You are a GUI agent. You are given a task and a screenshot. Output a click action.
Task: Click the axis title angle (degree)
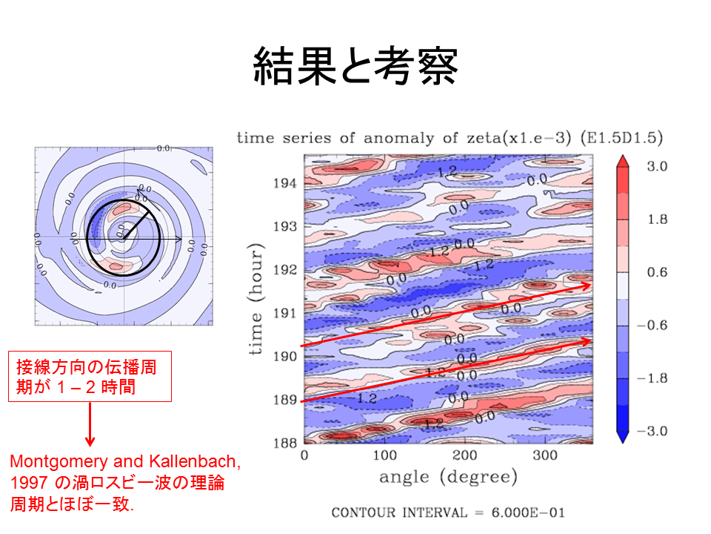(448, 477)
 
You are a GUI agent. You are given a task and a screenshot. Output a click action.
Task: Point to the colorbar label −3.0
(655, 432)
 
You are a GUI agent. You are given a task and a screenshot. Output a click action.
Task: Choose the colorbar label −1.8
(655, 378)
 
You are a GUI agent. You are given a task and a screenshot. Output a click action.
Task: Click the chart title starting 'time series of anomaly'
(449, 138)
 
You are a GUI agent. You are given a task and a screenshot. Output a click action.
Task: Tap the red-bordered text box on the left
(90, 377)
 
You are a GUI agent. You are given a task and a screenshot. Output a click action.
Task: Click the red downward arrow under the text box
(90, 426)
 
